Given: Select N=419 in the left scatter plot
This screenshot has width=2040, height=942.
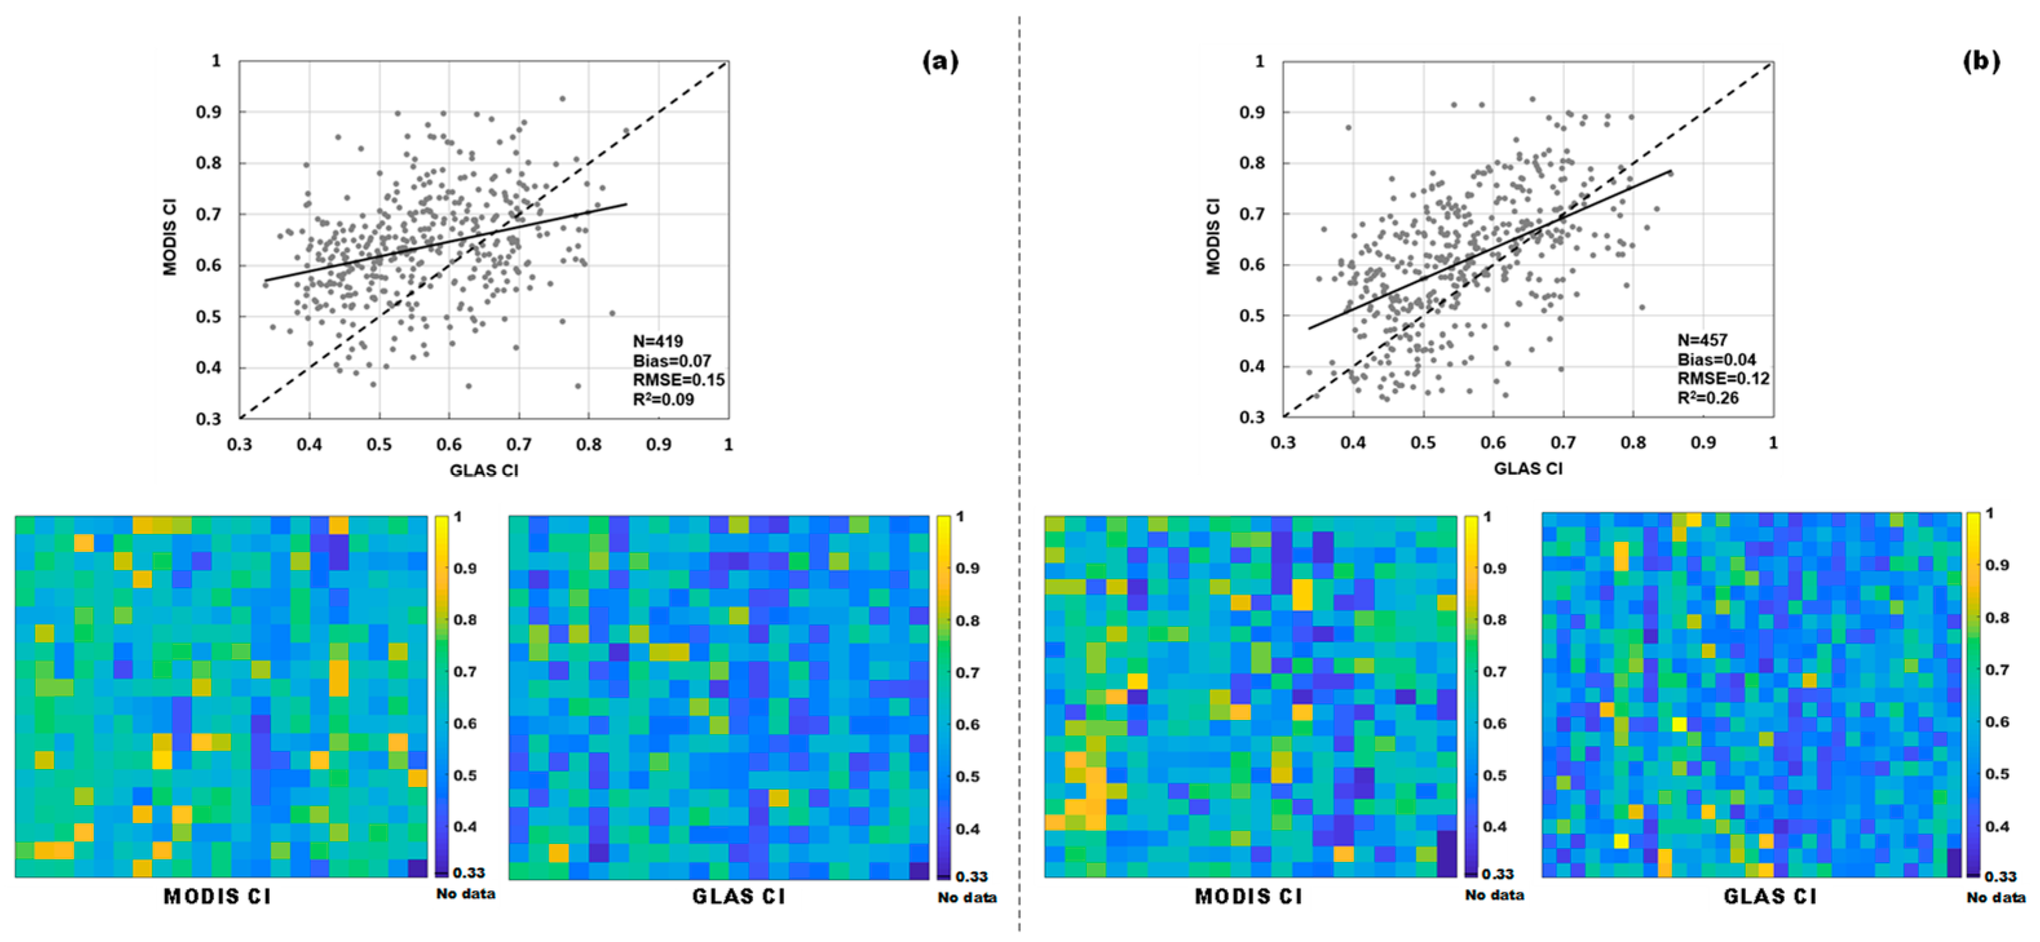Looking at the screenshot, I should [x=657, y=342].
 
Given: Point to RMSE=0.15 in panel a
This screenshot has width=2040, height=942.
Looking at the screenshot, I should [x=678, y=380].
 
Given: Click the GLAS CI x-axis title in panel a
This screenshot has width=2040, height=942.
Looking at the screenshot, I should [x=484, y=470].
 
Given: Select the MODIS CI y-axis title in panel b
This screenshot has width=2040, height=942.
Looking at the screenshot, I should [x=1214, y=237].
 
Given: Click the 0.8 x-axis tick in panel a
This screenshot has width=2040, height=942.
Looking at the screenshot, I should [x=589, y=445].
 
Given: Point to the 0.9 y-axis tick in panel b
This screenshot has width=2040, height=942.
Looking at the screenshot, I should [x=1252, y=112].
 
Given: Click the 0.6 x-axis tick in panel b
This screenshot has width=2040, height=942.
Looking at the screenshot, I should [x=1493, y=442].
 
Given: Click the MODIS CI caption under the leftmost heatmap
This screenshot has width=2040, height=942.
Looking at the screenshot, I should [x=217, y=897].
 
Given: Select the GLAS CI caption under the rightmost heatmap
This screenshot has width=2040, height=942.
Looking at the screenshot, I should [x=1770, y=897].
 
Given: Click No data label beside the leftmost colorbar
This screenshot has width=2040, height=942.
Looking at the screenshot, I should [x=466, y=894].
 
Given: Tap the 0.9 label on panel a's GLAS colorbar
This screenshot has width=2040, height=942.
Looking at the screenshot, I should [x=967, y=568].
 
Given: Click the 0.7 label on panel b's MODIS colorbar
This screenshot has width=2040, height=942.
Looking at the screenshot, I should [x=1495, y=671].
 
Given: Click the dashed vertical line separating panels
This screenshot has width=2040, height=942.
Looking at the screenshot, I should [x=1019, y=475].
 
